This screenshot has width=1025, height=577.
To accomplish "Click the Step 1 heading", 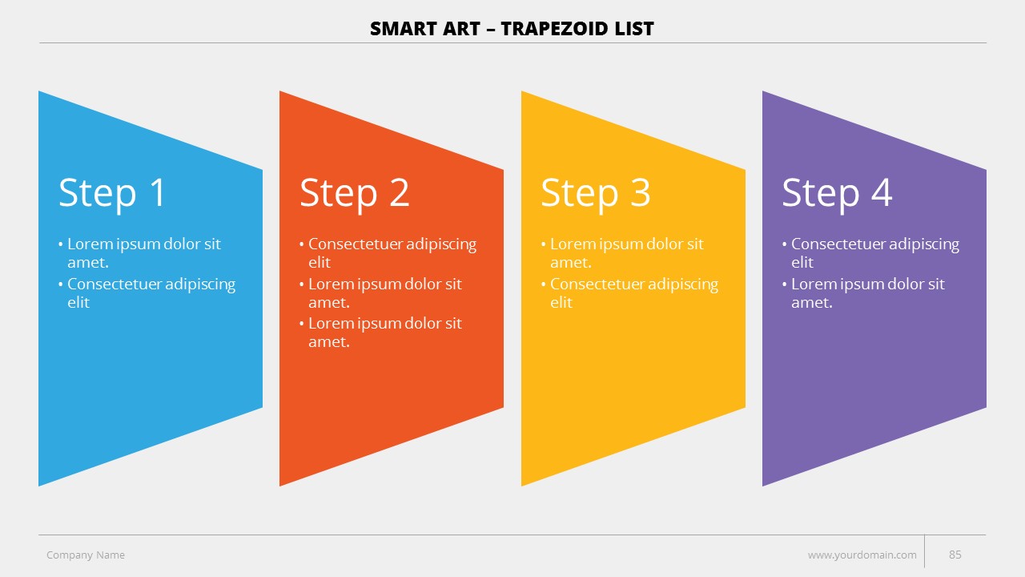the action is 111,194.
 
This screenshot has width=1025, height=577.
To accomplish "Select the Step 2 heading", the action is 354,194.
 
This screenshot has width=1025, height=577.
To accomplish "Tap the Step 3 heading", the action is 595,194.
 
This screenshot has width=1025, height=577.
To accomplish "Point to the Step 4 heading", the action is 837,194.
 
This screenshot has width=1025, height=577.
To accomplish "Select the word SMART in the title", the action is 402,29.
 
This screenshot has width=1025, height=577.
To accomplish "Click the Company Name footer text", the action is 86,555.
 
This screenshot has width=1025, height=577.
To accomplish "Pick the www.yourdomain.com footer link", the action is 862,555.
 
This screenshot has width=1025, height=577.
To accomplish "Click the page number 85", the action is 955,555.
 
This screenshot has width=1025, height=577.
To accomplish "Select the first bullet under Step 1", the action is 139,252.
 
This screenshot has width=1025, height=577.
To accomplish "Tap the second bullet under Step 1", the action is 147,293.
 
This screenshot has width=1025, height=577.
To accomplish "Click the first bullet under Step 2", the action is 388,252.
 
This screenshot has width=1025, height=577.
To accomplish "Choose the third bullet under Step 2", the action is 380,333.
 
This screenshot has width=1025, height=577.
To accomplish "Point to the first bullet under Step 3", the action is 622,252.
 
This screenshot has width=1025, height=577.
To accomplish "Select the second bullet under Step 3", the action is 629,293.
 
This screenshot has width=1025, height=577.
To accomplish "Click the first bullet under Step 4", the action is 870,252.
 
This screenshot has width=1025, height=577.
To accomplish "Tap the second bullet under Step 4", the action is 863,293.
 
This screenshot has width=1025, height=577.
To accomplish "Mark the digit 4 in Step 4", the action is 882,192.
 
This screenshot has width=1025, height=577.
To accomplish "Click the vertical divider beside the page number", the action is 924,551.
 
